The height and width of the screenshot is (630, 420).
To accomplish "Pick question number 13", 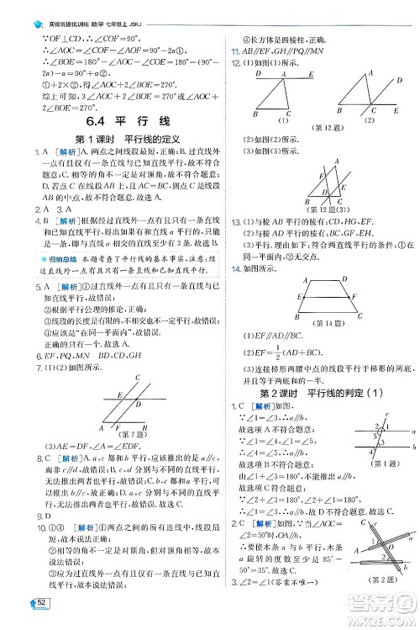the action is (x=235, y=221).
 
